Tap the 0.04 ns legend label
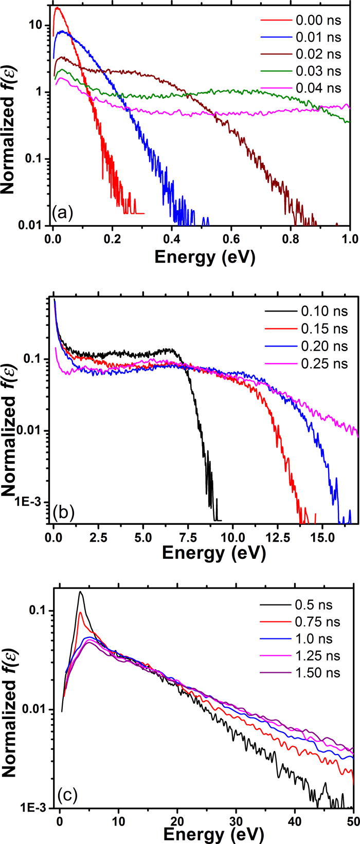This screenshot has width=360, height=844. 318,88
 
